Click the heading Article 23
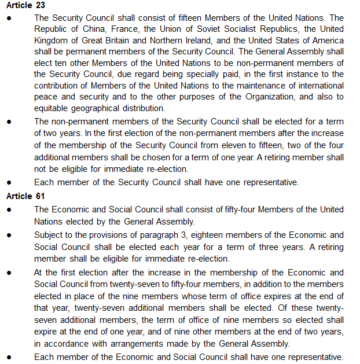25,6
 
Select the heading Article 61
25,196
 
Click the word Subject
49,235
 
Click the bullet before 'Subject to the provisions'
10,236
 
